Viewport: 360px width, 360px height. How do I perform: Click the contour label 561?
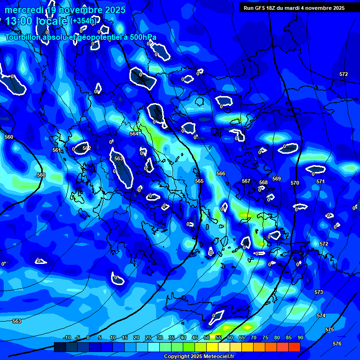point(57,150)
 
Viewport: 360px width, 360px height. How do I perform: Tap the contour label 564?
point(134,134)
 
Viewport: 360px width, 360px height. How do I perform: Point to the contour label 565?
point(199,181)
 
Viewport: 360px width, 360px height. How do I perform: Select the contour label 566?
point(221,173)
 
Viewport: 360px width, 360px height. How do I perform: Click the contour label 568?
point(263,182)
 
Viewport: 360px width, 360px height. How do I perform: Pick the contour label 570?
point(294,183)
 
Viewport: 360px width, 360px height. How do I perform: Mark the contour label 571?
point(320,181)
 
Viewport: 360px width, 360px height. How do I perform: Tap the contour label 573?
point(319,292)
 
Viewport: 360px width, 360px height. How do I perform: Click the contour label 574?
point(321,315)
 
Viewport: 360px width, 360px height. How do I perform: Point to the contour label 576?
point(337,344)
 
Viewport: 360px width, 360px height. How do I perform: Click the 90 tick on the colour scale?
point(300,337)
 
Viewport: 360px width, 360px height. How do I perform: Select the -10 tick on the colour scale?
point(67,337)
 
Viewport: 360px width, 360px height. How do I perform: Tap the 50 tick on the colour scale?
point(207,337)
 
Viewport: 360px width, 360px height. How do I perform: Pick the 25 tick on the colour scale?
point(148,337)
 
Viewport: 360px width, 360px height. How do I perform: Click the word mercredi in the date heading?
point(24,10)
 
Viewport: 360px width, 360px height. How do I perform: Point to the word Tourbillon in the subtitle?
point(25,37)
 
